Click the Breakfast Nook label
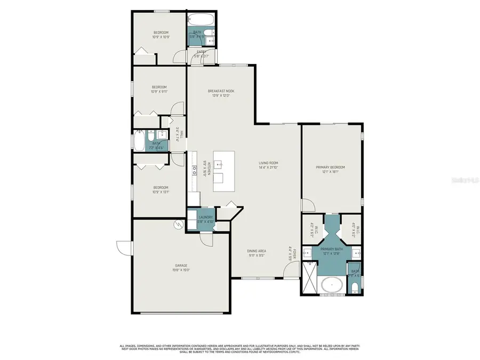221,91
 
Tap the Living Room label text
269,163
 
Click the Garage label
181,265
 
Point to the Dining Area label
257,250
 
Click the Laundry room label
206,217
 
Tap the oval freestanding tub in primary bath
333,285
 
